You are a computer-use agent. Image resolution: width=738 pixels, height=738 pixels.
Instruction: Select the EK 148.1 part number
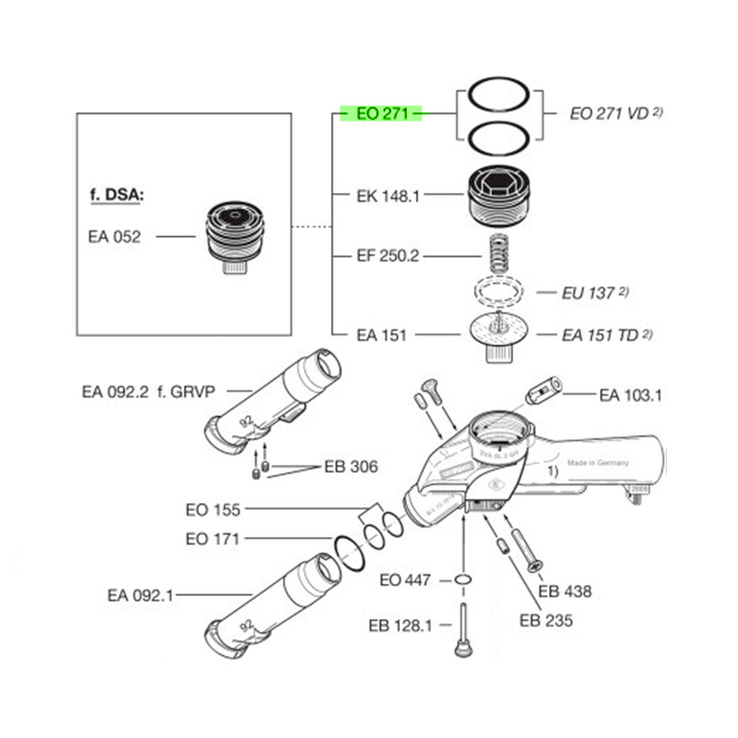(387, 196)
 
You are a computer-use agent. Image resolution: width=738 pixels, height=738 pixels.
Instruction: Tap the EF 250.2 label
(387, 256)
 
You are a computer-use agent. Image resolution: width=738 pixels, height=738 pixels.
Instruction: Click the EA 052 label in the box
(114, 237)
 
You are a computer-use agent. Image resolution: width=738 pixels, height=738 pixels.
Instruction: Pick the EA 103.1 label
(630, 396)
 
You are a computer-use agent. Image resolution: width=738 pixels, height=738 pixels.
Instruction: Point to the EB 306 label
(351, 466)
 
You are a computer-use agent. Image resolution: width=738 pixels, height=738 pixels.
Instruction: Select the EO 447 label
(404, 579)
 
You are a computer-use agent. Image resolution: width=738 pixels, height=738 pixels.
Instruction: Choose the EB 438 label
(565, 591)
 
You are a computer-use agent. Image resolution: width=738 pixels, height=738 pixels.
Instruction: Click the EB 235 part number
(545, 621)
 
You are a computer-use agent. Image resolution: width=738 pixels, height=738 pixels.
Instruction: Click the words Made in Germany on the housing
(598, 463)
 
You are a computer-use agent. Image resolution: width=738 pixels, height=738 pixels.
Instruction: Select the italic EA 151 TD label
(599, 335)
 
